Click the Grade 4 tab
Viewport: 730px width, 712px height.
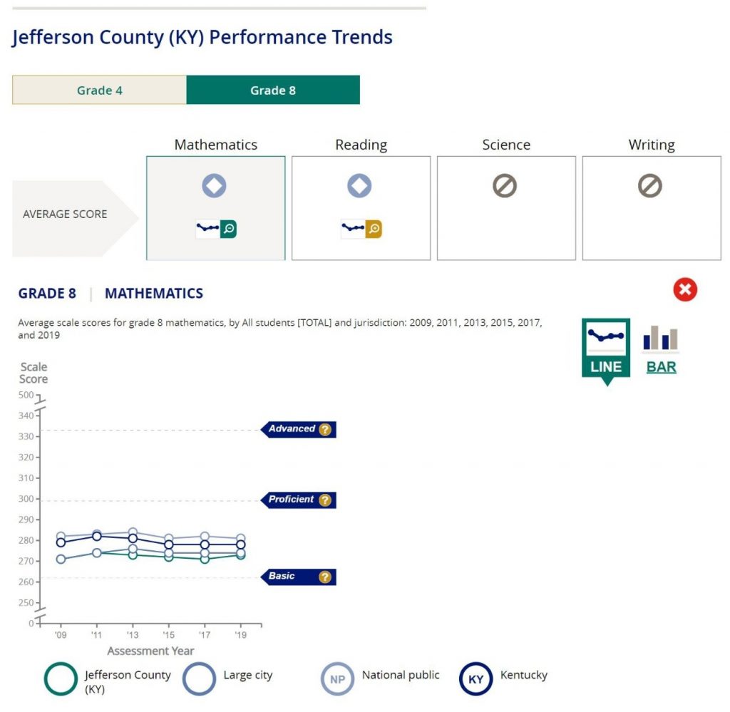(99, 91)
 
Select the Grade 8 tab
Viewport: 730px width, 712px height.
(273, 91)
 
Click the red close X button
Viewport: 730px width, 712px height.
(685, 290)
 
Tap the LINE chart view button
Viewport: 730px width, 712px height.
(606, 349)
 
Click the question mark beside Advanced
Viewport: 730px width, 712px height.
(325, 430)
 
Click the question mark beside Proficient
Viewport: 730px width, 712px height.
(325, 500)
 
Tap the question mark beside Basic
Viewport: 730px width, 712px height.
(325, 577)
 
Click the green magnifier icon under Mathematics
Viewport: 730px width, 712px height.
(229, 229)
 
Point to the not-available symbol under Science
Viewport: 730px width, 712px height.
(505, 186)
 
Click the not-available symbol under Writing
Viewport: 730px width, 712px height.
(650, 186)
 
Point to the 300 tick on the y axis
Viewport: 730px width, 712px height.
(26, 499)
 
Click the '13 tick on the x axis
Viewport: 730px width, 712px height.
(133, 635)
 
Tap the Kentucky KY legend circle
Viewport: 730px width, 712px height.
(476, 679)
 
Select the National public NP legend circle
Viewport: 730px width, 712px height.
(337, 679)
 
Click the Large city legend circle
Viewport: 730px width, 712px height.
(200, 679)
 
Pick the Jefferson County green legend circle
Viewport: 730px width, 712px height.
(61, 679)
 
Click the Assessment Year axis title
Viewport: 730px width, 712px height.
(150, 651)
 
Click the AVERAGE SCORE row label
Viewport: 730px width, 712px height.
(65, 214)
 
